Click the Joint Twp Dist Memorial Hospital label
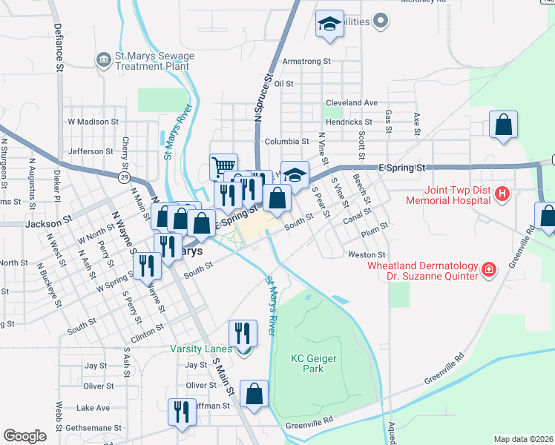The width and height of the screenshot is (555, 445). coord(447,194)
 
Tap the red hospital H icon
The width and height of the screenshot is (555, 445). coord(502,194)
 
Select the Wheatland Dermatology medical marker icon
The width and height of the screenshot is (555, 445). coord(489,269)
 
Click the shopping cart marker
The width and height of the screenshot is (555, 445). coord(223,166)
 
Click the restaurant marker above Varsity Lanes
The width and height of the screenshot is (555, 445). coord(243,332)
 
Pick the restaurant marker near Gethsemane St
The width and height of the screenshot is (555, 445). coord(182,412)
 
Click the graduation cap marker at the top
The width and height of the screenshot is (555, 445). coord(329,24)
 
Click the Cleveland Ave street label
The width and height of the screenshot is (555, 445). coord(352,102)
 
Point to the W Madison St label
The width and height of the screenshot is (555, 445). coord(93,121)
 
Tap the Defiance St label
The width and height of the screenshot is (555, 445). coord(57,47)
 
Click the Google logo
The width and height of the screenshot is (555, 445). coord(24,436)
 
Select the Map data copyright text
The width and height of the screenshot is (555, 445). coord(522,439)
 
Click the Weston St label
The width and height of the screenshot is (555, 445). coord(364,254)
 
